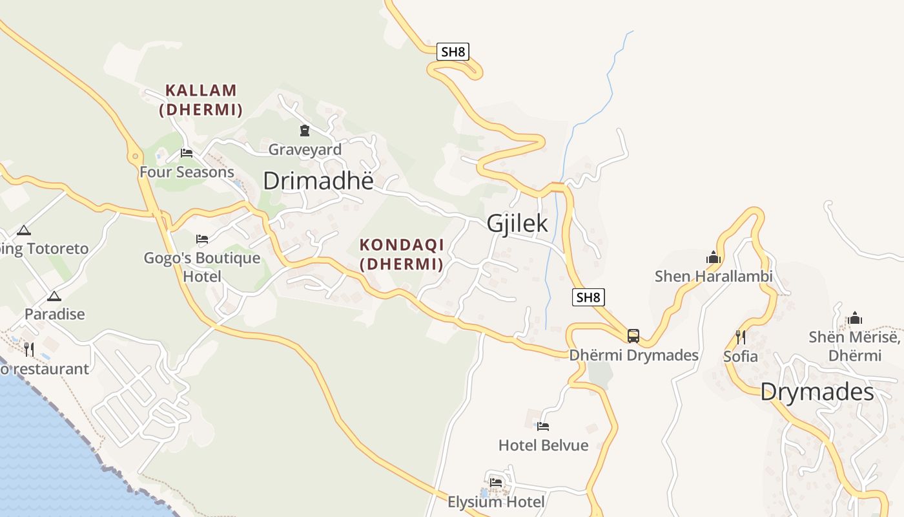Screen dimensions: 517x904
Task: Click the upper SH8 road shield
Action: (x=453, y=52)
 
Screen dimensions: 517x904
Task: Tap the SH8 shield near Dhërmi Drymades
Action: (x=588, y=297)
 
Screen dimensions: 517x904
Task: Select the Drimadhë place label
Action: (x=318, y=181)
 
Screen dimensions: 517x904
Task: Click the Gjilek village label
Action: (x=517, y=223)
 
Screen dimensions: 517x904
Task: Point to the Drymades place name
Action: (x=817, y=392)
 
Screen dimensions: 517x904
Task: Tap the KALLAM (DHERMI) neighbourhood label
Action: (x=201, y=100)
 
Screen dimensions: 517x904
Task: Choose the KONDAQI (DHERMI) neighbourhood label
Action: (x=402, y=255)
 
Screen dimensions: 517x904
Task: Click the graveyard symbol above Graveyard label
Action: (x=305, y=131)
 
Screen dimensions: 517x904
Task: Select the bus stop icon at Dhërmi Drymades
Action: (x=633, y=336)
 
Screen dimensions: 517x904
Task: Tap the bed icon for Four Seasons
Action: (x=187, y=153)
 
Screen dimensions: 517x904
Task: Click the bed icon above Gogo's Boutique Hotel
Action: (x=202, y=239)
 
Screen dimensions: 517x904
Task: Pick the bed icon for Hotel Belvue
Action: (x=543, y=427)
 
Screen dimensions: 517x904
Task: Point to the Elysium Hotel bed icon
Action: (x=496, y=482)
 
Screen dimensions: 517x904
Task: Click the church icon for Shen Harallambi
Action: (x=714, y=257)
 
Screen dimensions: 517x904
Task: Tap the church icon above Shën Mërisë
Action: (x=856, y=318)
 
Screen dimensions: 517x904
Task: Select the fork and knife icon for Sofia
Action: (x=741, y=337)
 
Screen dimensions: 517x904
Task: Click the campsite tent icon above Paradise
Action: (x=54, y=297)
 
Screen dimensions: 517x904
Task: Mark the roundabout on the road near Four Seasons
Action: (x=135, y=156)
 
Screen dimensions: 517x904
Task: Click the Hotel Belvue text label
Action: (x=544, y=445)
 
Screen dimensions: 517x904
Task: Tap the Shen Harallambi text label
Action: (x=714, y=277)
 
